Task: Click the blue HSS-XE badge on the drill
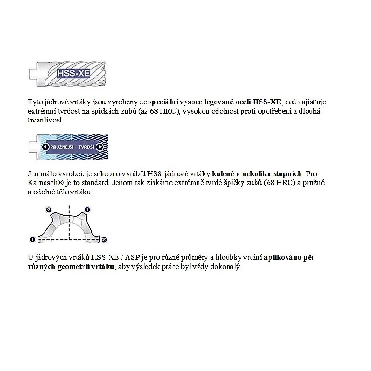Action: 73,73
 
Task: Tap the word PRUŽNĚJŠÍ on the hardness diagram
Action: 62,147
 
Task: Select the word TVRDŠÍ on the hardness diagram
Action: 86,147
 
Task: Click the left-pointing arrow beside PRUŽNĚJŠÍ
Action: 45,147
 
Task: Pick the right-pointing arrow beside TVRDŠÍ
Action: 100,147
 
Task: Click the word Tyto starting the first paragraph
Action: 36,102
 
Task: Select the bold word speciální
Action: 163,102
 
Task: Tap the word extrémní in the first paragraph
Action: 42,111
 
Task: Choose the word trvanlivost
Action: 45,120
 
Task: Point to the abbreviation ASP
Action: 133,257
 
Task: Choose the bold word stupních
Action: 288,174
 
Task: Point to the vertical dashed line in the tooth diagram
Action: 69,223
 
